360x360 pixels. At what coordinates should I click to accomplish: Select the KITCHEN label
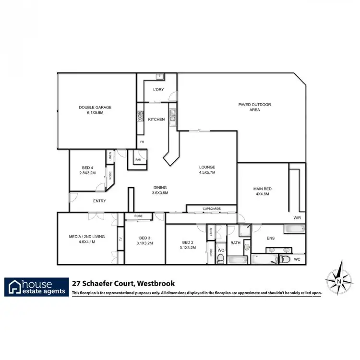156,120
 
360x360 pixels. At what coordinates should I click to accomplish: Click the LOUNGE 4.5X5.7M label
207,170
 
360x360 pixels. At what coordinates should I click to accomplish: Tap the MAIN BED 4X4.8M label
262,192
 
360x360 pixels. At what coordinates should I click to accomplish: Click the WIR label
297,217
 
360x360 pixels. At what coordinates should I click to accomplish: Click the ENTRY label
99,201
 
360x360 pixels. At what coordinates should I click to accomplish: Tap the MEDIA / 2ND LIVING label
87,240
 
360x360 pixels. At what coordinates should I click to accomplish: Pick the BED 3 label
144,240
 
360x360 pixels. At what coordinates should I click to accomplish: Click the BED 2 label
188,245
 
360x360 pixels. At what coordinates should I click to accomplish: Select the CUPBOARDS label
211,209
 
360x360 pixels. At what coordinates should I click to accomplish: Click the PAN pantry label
138,159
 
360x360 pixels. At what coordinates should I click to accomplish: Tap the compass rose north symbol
339,280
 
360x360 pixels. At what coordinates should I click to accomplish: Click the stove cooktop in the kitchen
141,115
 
